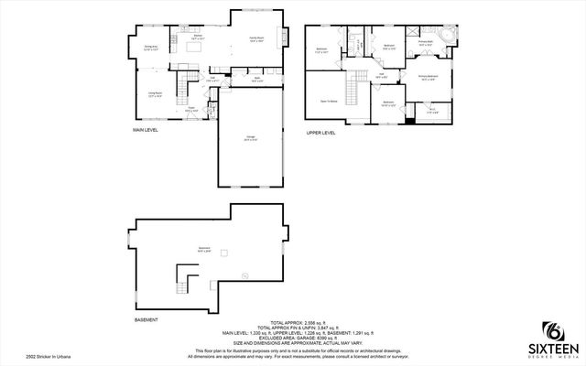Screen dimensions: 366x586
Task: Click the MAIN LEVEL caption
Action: click(x=146, y=132)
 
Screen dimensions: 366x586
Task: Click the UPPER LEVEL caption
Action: click(x=320, y=133)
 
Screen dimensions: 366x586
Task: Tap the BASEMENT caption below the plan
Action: click(x=146, y=319)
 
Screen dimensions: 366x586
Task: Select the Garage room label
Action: click(x=250, y=138)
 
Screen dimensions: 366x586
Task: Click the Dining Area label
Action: click(x=151, y=47)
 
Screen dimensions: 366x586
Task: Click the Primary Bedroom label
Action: click(x=428, y=77)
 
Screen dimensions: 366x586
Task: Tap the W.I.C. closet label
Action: click(x=433, y=111)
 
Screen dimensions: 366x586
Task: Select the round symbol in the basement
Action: click(x=244, y=275)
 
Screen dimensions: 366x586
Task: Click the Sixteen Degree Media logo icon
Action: click(x=554, y=328)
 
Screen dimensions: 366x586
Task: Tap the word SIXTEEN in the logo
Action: click(x=554, y=347)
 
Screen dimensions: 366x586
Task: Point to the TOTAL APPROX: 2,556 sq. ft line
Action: click(x=292, y=321)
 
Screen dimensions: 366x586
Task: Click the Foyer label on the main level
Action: click(x=192, y=109)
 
